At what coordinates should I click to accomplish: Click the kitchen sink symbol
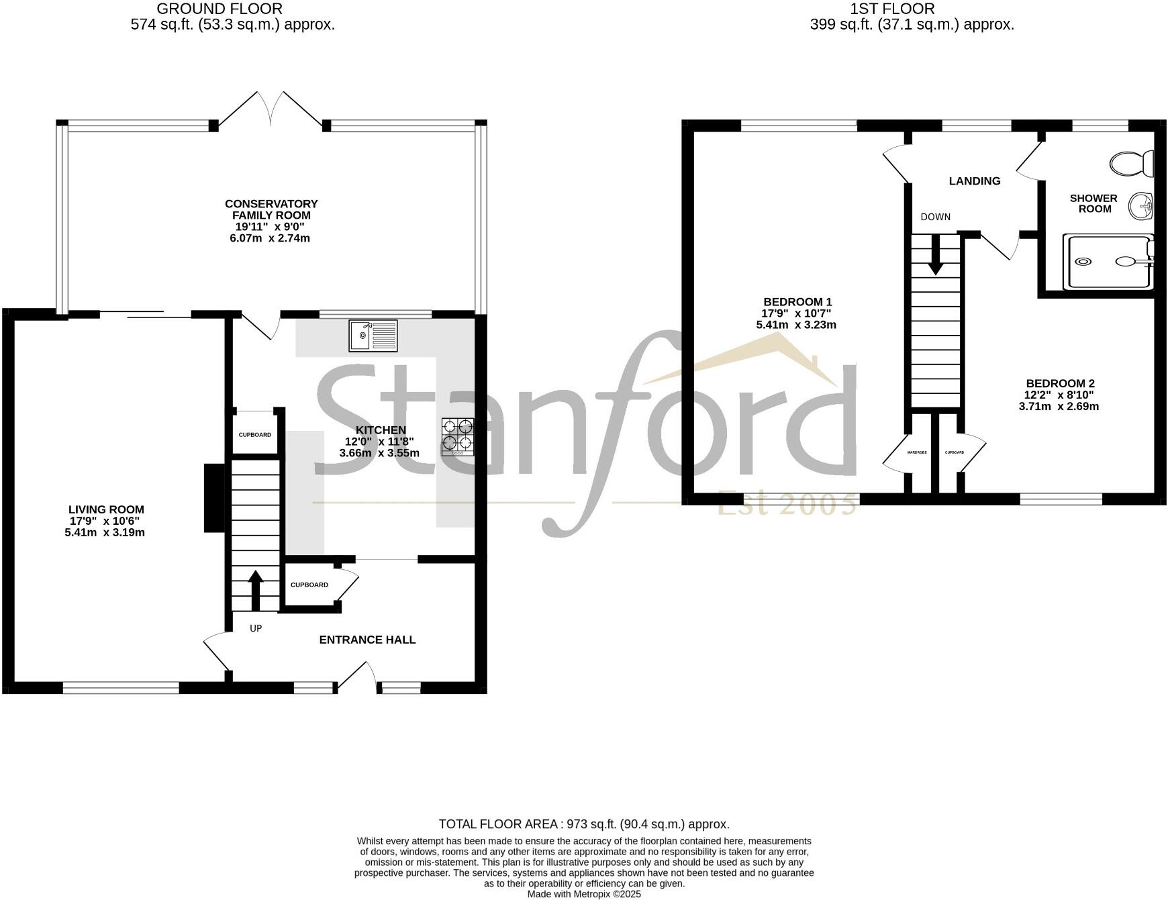pos(373,336)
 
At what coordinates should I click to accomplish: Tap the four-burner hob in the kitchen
pos(458,437)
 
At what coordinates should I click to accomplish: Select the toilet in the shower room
pos(1132,162)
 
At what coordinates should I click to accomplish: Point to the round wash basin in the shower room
pos(1140,206)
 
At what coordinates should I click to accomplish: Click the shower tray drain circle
pos(1082,261)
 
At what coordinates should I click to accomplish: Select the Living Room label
pos(106,509)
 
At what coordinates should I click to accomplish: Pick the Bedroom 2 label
pos(1060,383)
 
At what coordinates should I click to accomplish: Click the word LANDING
pos(974,181)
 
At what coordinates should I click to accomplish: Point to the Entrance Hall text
pos(367,640)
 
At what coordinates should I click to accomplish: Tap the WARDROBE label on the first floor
pos(916,452)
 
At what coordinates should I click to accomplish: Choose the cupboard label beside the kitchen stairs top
pos(255,434)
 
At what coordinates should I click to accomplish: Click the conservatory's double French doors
pos(271,111)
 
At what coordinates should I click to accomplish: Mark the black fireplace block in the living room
pos(213,499)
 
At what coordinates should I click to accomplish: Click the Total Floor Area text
pos(583,823)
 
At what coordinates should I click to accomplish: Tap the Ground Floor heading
pos(220,9)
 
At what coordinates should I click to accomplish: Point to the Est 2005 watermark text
pos(787,503)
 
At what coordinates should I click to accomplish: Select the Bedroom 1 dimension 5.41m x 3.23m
pos(796,325)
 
